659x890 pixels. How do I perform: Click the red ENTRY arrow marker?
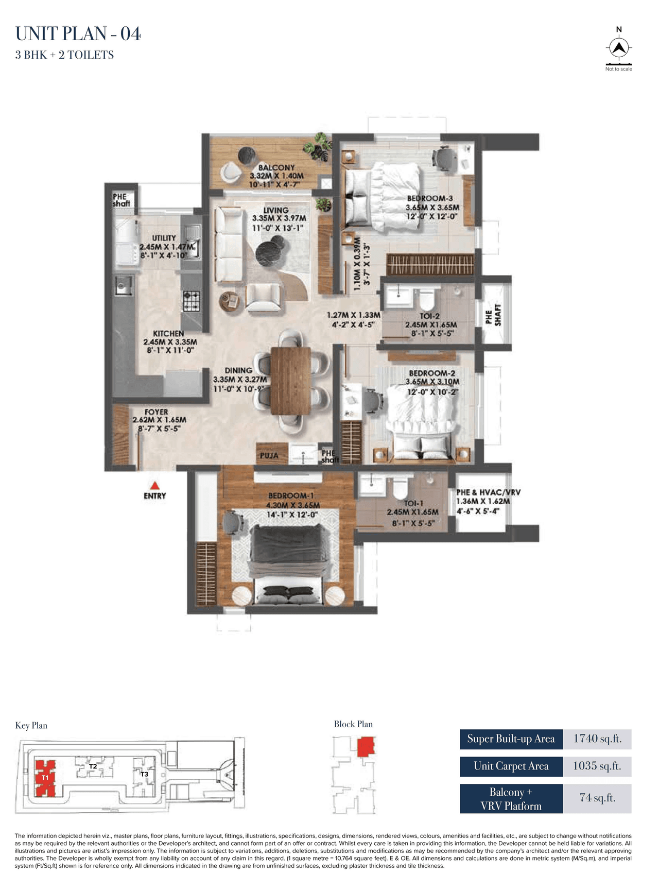(154, 486)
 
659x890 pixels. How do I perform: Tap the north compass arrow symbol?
(619, 48)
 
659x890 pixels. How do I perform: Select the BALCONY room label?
(276, 167)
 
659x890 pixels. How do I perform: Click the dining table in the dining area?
(291, 381)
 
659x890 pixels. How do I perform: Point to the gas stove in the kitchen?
(191, 301)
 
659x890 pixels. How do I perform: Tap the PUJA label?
(269, 456)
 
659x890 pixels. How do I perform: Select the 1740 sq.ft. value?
(597, 739)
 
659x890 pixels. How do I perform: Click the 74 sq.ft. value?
(597, 798)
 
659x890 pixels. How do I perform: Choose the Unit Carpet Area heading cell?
(511, 766)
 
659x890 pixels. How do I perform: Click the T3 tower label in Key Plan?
(145, 774)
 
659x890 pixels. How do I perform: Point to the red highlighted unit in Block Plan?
(366, 746)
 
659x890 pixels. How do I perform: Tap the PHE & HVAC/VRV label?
(488, 492)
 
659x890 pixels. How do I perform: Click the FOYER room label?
(156, 412)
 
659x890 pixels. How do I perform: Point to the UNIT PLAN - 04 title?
(78, 34)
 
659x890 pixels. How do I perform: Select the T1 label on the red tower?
(45, 777)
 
